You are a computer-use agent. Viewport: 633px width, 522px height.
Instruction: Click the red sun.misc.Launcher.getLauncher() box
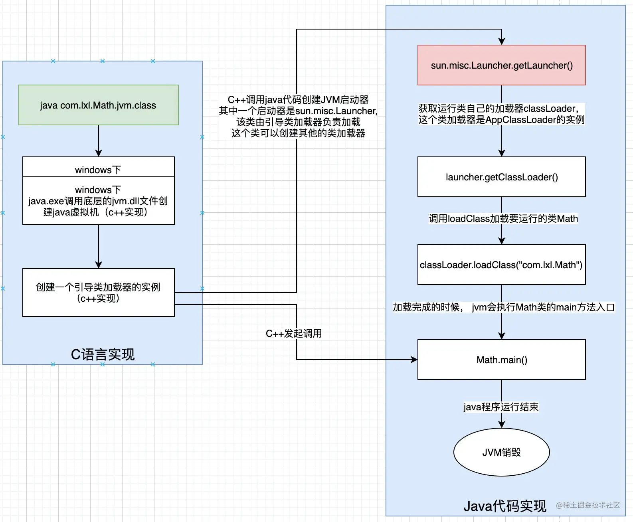tap(501, 65)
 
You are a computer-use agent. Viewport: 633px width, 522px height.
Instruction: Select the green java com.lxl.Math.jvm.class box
tap(99, 105)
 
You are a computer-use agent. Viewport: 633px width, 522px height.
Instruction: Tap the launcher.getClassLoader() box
tap(501, 177)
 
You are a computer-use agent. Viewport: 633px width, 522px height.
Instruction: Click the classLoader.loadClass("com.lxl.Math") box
tap(501, 265)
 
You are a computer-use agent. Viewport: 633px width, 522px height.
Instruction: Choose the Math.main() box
tap(501, 360)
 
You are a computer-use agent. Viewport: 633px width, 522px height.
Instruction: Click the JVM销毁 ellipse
tap(501, 452)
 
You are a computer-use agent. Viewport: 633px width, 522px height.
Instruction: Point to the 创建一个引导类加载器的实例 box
tap(99, 293)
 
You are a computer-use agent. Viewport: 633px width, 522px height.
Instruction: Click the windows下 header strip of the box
tap(99, 167)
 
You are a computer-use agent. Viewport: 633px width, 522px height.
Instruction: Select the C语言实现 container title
tap(103, 354)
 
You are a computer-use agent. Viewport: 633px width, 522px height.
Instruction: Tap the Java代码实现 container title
tap(505, 506)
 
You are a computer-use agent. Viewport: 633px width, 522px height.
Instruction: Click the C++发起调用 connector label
tap(293, 334)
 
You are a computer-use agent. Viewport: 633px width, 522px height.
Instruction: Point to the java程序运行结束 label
tap(501, 407)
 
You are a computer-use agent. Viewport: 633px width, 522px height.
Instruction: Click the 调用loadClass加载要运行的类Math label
tap(503, 219)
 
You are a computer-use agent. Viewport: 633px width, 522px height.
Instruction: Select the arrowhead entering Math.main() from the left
tap(414, 360)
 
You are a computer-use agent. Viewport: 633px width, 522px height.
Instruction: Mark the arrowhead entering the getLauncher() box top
tap(502, 42)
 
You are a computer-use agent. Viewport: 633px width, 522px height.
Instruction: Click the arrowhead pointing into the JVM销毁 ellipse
tap(502, 424)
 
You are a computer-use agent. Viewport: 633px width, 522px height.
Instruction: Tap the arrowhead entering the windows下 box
tap(99, 153)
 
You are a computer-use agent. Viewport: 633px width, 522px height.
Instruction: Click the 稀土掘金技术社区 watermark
tap(588, 505)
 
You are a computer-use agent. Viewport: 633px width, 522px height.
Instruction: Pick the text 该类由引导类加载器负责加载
tap(298, 122)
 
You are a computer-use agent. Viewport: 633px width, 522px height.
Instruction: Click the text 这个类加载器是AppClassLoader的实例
tap(501, 120)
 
